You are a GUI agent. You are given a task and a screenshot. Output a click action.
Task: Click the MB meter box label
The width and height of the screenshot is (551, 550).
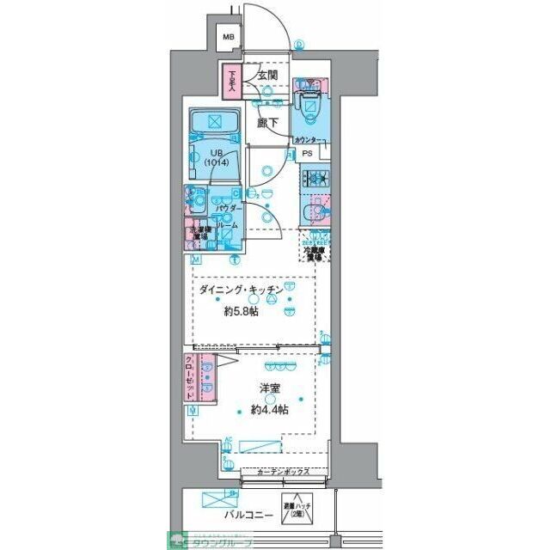pos(228,37)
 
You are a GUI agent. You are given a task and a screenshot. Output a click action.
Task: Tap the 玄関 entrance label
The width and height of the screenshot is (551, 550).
pos(266,75)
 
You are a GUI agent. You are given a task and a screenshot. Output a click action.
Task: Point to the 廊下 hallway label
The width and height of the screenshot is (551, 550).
pos(267,122)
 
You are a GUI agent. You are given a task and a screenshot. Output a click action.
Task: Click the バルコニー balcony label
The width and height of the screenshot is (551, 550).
pos(248,515)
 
